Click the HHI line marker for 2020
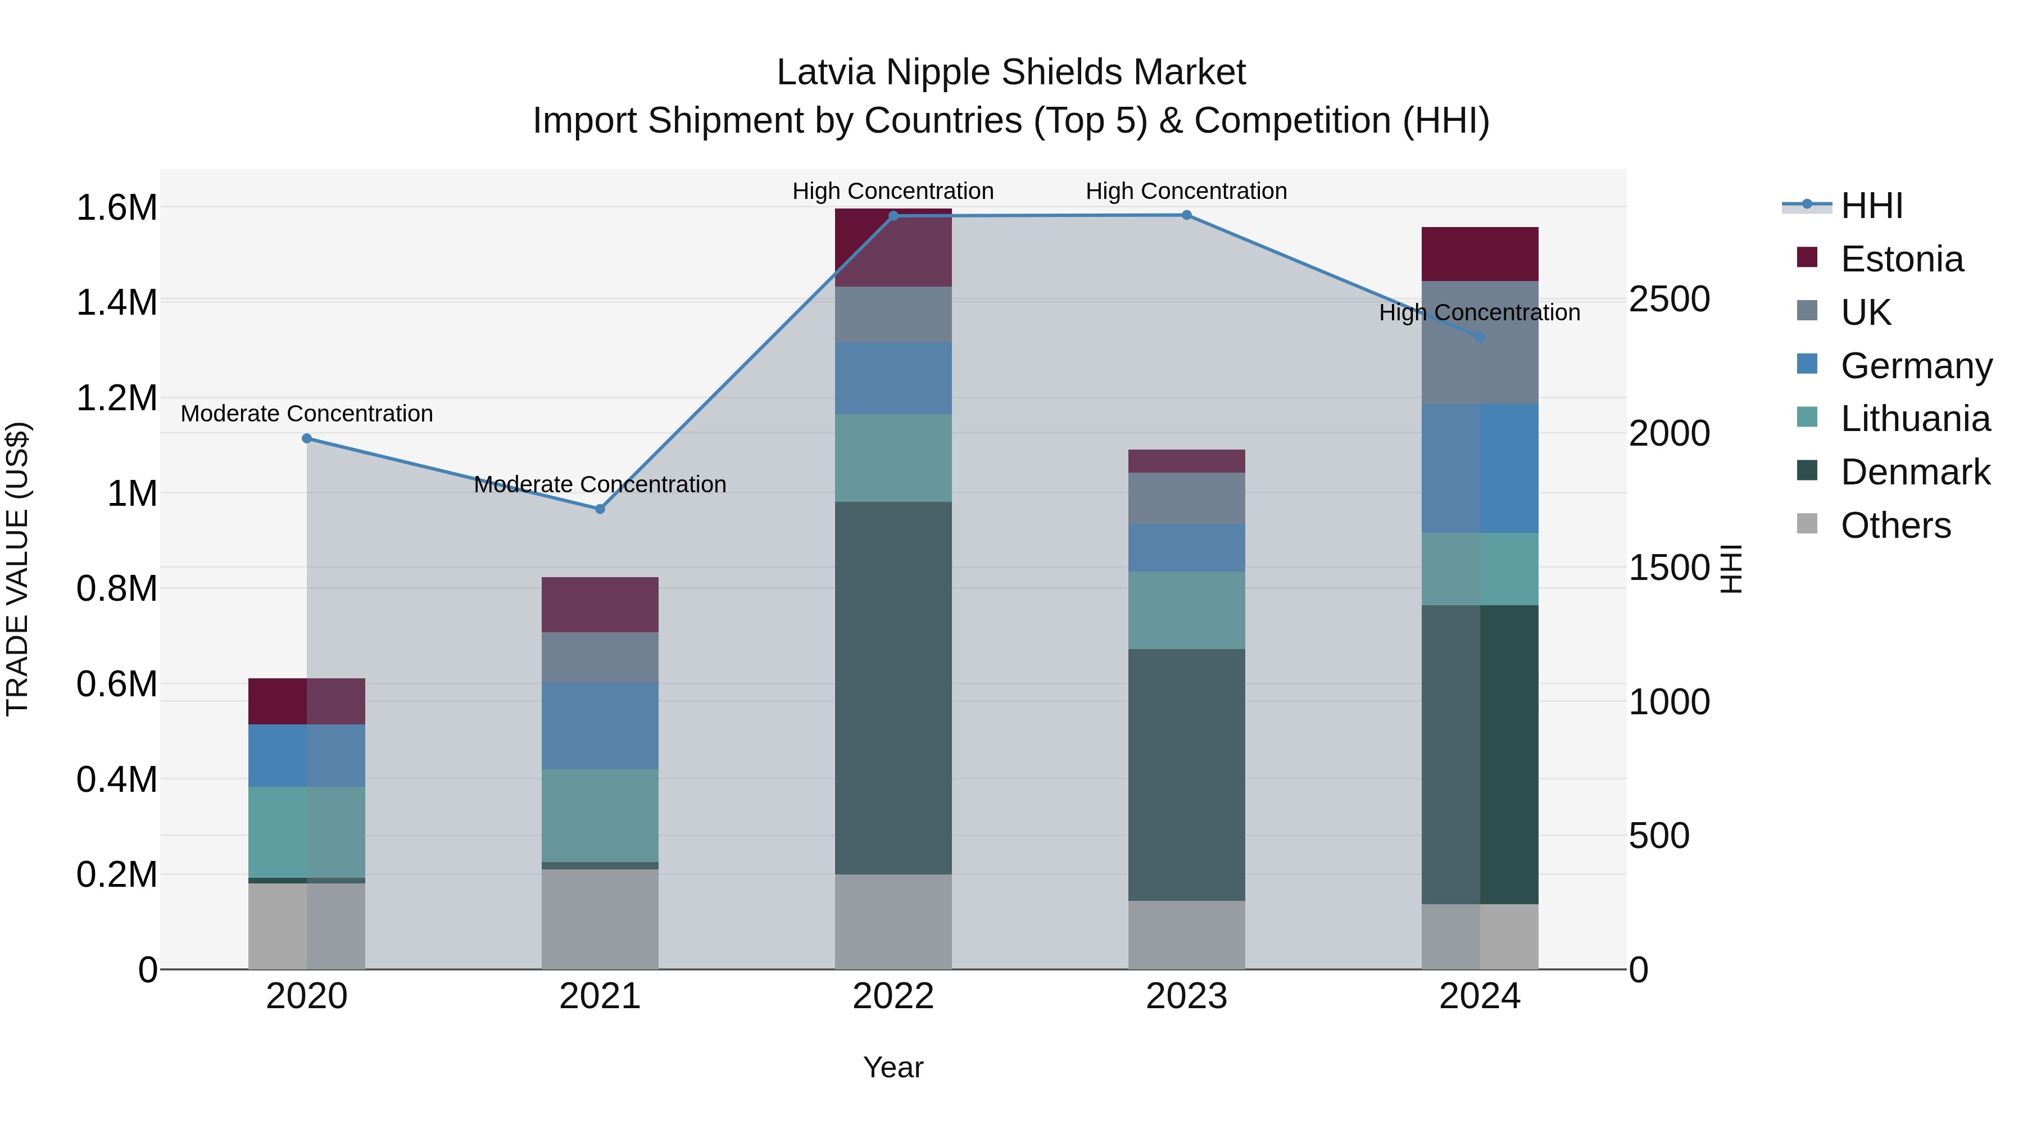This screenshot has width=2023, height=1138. (x=307, y=438)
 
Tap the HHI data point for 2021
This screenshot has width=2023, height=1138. (x=600, y=509)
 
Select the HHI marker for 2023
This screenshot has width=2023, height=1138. (x=1187, y=215)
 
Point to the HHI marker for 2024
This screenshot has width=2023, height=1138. (x=1480, y=338)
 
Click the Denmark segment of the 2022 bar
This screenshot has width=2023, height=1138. (x=893, y=687)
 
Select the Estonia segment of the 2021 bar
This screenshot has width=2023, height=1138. (x=600, y=605)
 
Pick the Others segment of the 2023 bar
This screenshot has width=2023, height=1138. (x=1187, y=935)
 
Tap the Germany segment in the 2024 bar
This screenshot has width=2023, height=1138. (x=1480, y=468)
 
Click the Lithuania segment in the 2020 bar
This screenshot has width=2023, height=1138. (x=307, y=832)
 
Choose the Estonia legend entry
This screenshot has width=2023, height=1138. (x=1901, y=259)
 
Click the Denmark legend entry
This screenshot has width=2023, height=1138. (x=1915, y=472)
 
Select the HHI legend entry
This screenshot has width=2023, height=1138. (x=1871, y=206)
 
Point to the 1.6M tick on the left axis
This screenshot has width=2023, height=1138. (x=116, y=208)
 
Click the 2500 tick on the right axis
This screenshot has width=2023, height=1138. (x=1669, y=299)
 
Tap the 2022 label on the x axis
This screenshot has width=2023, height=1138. (x=893, y=996)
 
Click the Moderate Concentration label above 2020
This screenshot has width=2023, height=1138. (x=307, y=413)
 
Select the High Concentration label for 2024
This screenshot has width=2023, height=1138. (x=1480, y=312)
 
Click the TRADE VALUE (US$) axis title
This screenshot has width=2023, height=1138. (x=17, y=569)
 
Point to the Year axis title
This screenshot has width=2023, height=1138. (x=893, y=1067)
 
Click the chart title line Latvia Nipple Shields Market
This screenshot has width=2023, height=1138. (x=1011, y=72)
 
